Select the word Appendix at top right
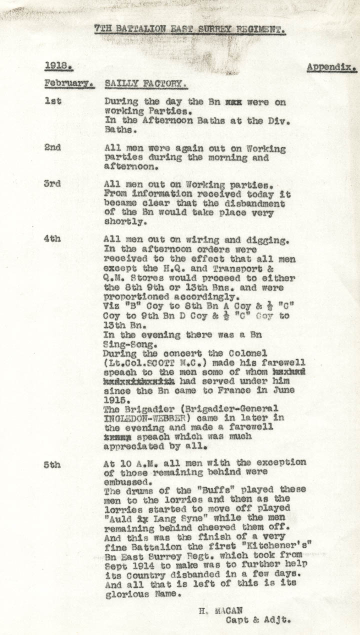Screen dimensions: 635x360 pos(331,66)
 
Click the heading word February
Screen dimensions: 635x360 pos(69,83)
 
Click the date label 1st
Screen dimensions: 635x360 pos(53,101)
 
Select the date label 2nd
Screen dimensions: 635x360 pos(53,148)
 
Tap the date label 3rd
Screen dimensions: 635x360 pos(53,183)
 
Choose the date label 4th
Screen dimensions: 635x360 pos(53,239)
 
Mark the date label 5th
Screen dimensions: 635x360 pos(53,464)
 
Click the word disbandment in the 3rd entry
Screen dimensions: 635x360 pos(256,204)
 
